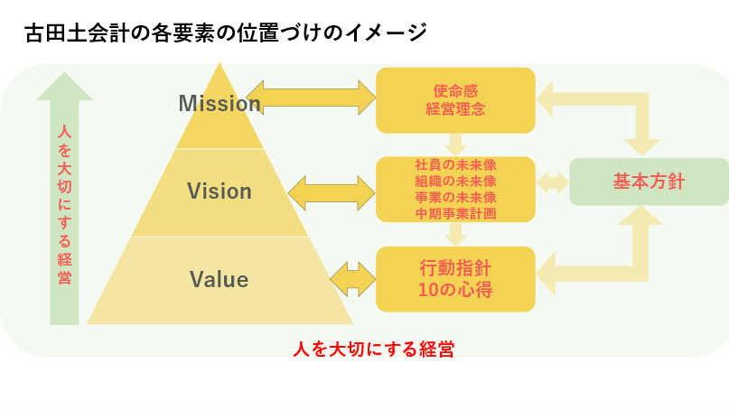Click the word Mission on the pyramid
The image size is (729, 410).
pos(220,103)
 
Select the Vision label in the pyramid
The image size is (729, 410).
pos(220,191)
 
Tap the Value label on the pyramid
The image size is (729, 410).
pos(219,279)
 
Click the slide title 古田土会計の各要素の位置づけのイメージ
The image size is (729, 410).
pos(226,33)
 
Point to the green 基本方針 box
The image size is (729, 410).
pos(649,182)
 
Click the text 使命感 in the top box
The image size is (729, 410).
pos(455,90)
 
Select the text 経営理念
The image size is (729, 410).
pos(455,108)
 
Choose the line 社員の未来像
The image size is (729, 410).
pos(455,165)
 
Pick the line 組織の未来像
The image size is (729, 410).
pos(455,182)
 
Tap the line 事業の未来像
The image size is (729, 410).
pos(455,198)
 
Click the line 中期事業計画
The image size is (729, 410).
pos(455,214)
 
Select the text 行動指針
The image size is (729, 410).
pos(455,269)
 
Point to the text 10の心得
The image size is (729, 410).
pos(455,290)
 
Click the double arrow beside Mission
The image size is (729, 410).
pos(311,98)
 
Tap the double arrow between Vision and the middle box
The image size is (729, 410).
pos(332,193)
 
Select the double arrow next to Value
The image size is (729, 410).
pos(353,279)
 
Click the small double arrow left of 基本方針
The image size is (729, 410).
pos(553,182)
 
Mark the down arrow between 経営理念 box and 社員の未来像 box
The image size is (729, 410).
pos(455,145)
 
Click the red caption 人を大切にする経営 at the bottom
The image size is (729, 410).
pos(373,349)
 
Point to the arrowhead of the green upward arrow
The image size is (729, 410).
pos(64,86)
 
